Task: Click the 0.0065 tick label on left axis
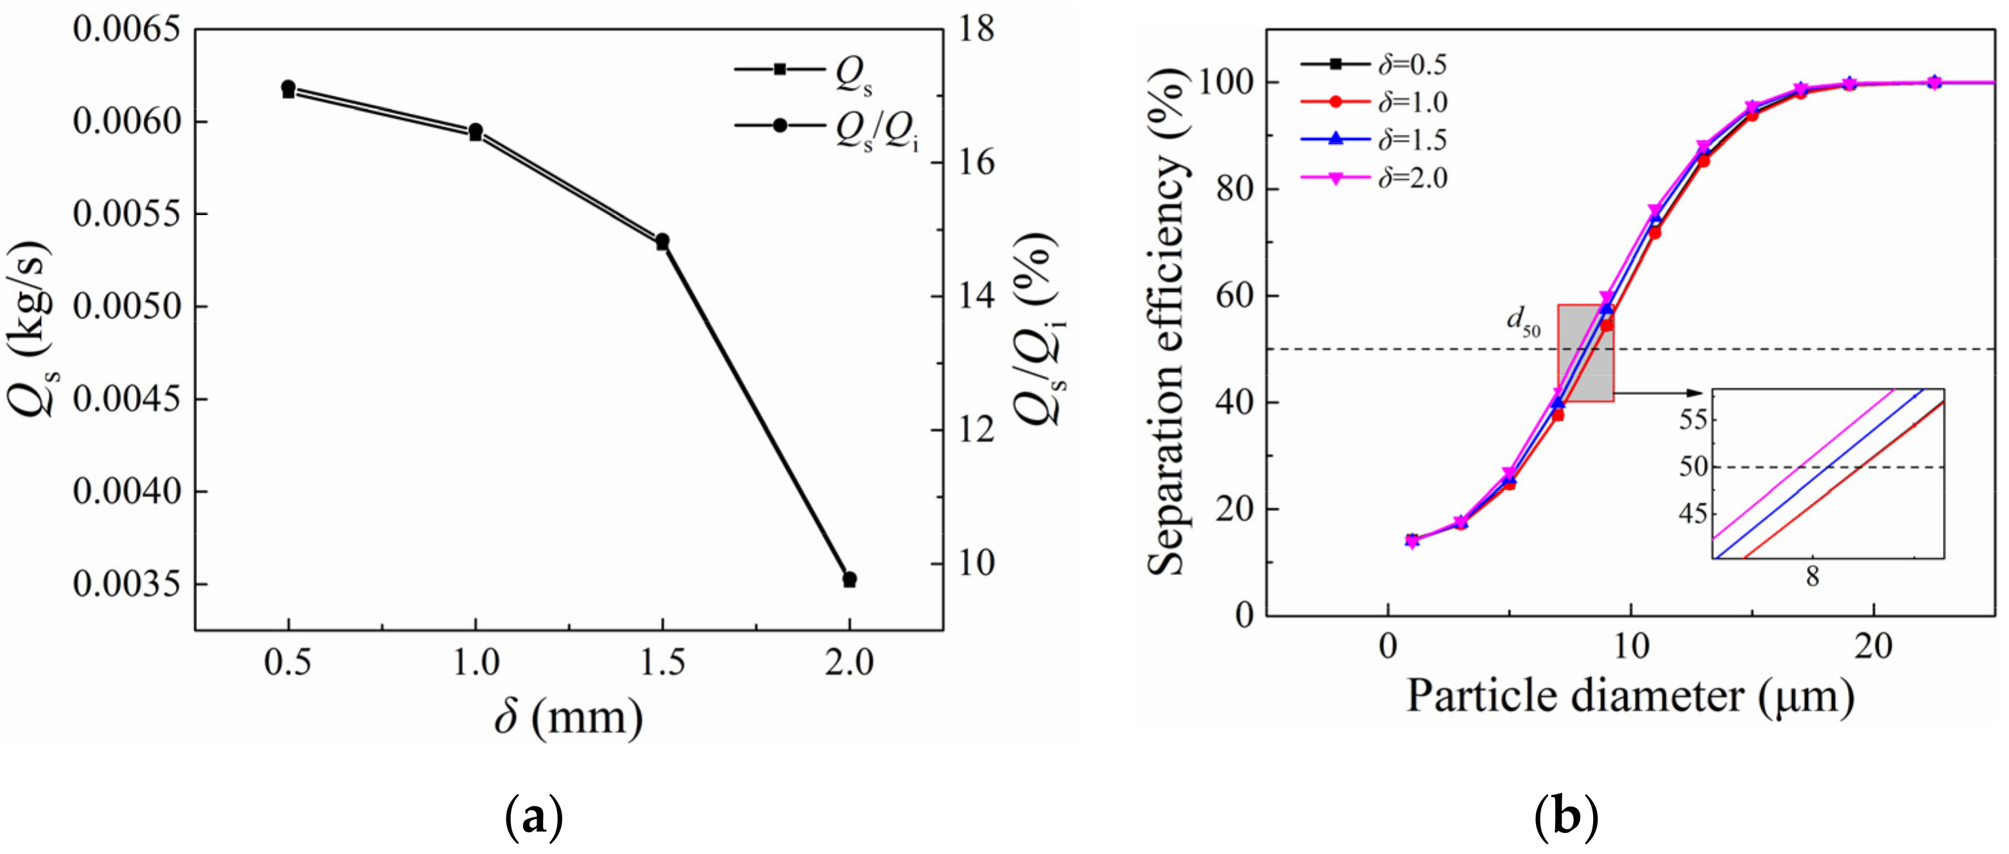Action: tap(126, 30)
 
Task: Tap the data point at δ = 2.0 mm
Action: tap(849, 579)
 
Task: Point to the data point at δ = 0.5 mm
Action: tap(289, 88)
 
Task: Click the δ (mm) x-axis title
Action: tap(569, 717)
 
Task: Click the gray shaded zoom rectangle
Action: tap(1585, 353)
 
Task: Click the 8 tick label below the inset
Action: tap(1813, 577)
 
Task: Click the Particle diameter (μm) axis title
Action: tap(1630, 695)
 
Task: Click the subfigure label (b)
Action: tap(1566, 817)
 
